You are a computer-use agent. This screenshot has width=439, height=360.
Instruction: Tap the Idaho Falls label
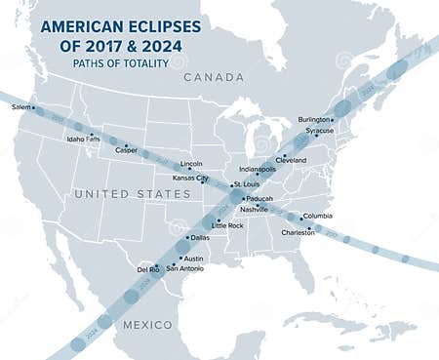pos(82,140)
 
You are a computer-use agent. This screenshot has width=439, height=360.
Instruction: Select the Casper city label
pos(126,150)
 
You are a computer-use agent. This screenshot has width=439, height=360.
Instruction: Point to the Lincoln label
pos(191,164)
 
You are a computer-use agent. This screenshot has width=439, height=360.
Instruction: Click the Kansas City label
pos(189,179)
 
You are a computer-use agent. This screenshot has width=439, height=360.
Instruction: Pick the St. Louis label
pos(246,183)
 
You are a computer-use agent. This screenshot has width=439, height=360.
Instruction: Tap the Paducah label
pos(259,198)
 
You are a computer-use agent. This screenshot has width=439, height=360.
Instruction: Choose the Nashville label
pos(254,210)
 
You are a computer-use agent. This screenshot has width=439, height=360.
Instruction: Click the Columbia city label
pos(317,216)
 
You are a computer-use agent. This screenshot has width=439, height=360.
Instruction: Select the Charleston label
pos(298,232)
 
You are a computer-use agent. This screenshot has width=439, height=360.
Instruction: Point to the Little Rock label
pos(226,225)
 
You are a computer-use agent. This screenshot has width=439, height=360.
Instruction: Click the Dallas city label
pos(199,237)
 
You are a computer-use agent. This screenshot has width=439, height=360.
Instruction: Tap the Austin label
pos(193,259)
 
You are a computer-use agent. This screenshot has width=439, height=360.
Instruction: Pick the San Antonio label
pos(185,268)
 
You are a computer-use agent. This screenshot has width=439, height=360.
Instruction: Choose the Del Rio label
pos(148,268)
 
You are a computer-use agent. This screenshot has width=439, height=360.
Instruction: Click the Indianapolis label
pos(257,169)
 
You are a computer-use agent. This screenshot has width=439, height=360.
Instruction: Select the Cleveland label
pos(291,159)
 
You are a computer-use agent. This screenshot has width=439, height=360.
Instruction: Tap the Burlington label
pos(314,119)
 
